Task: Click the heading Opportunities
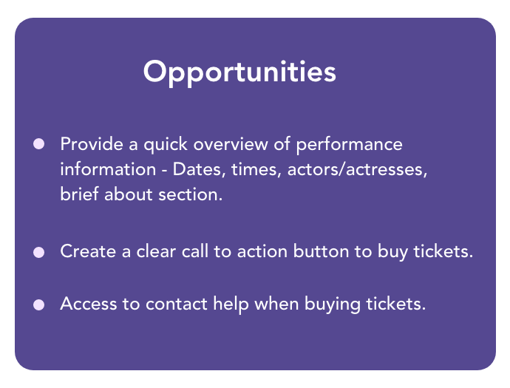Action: pyautogui.click(x=239, y=72)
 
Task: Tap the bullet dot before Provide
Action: pyautogui.click(x=38, y=144)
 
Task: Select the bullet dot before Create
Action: pyautogui.click(x=38, y=252)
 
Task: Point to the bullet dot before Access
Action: pyautogui.click(x=38, y=305)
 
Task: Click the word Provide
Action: pyautogui.click(x=92, y=144)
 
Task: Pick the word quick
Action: pyautogui.click(x=166, y=145)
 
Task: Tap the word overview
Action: pyautogui.click(x=231, y=144)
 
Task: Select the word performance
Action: pyautogui.click(x=349, y=145)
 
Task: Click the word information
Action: pyautogui.click(x=108, y=169)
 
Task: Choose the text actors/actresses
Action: pyautogui.click(x=357, y=169)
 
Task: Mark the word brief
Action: pyautogui.click(x=79, y=194)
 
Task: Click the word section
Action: pyautogui.click(x=190, y=194)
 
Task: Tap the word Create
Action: pyautogui.click(x=88, y=251)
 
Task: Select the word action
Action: pyautogui.click(x=262, y=251)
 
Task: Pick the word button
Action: pyautogui.click(x=321, y=251)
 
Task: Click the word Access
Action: pyautogui.click(x=89, y=304)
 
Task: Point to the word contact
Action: pyautogui.click(x=177, y=304)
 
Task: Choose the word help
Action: pyautogui.click(x=231, y=304)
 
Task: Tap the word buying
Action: pyautogui.click(x=333, y=304)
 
